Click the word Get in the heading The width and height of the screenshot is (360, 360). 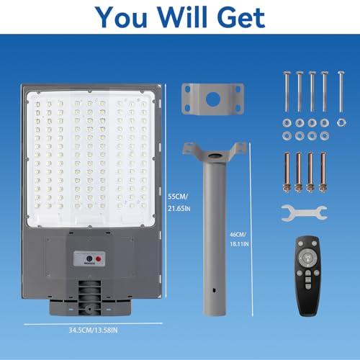click(x=241, y=17)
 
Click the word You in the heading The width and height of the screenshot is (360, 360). click(x=121, y=17)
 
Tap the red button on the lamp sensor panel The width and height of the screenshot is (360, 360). click(x=98, y=259)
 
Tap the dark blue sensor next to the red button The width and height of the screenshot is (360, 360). click(x=89, y=258)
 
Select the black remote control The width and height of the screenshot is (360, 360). click(x=308, y=276)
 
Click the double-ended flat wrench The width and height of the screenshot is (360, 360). click(x=304, y=212)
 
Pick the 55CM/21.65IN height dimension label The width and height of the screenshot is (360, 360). click(x=179, y=202)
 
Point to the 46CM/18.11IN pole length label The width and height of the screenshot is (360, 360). click(x=239, y=239)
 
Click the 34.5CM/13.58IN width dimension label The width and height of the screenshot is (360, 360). click(x=93, y=330)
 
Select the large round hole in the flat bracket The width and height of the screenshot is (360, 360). click(x=212, y=99)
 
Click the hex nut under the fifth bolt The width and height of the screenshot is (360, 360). click(x=341, y=122)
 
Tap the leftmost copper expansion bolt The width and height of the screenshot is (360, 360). click(x=287, y=172)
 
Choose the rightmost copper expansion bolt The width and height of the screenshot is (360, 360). click(x=323, y=172)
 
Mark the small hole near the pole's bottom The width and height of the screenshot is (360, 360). click(x=215, y=290)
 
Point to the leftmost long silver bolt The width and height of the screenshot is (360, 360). click(x=287, y=91)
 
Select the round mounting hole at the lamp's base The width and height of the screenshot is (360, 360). click(x=89, y=309)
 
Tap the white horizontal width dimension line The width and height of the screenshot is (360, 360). click(x=93, y=324)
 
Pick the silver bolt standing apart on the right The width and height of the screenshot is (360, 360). click(x=341, y=91)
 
